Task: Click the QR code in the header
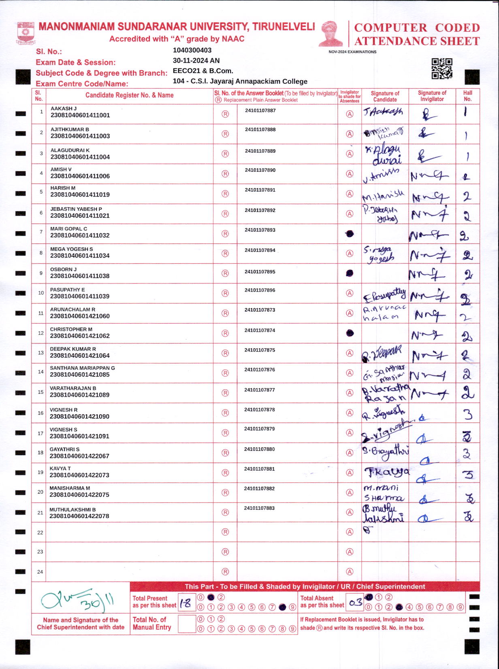pos(441,68)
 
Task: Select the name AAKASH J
pos(64,109)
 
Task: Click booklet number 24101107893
pos(260,230)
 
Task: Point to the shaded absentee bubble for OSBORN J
pos(350,273)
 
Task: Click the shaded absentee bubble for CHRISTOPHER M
pos(350,333)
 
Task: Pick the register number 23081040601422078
pos(79,516)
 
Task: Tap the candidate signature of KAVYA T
pos(386,472)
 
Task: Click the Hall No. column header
pos(467,96)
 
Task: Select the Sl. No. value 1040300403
pos(192,50)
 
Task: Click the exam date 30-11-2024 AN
pos(196,60)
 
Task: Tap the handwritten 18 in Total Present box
pos(186,603)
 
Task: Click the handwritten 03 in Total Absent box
pos(355,603)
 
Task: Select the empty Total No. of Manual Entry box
pos(187,624)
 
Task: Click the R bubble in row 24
pos(225,572)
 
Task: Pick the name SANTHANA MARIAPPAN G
pos(82,368)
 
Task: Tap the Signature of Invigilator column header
pos(432,96)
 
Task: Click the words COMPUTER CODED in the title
pos(417,28)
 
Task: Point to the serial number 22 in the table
pos(40,533)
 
